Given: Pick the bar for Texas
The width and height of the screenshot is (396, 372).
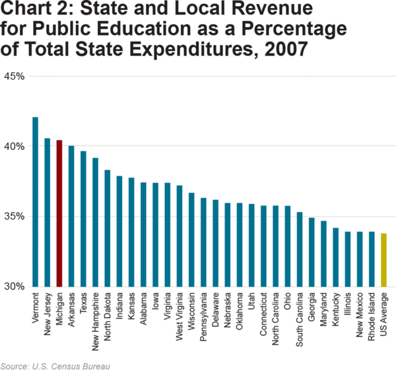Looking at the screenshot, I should point(83,219).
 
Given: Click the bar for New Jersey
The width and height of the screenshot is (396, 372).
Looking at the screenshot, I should point(48,212).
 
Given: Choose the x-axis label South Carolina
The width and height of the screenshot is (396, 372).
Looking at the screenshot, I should point(300,316).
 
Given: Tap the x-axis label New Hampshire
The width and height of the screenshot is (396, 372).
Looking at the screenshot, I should point(95,318).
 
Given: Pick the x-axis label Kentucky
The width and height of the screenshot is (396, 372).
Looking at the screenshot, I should point(336,309).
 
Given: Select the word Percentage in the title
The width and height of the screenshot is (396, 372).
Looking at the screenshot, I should point(293,30).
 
